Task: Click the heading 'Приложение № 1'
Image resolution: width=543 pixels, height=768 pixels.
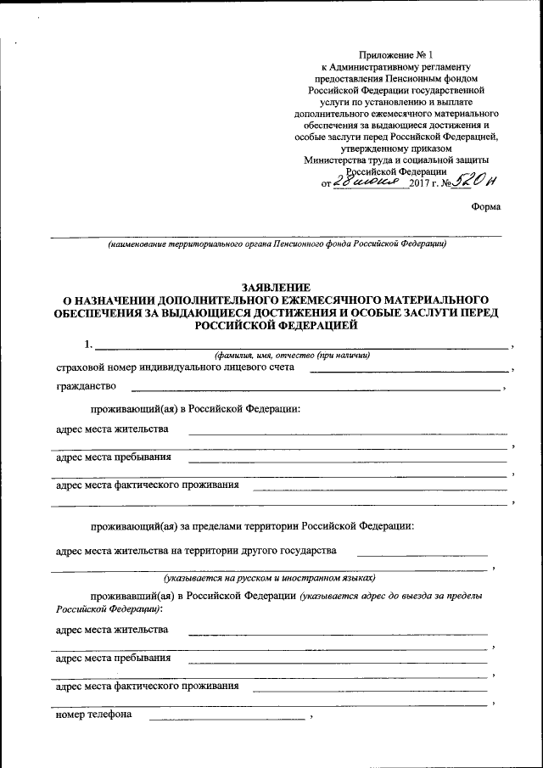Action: point(395,53)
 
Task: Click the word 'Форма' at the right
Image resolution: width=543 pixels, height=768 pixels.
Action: point(486,206)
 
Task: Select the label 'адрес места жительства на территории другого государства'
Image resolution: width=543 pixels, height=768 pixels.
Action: point(195,550)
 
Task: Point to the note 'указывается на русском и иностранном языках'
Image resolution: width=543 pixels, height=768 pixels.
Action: point(270,578)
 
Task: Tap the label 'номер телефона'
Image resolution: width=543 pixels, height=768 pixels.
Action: point(93,715)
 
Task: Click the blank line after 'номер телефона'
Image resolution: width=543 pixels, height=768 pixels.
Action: point(227,719)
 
